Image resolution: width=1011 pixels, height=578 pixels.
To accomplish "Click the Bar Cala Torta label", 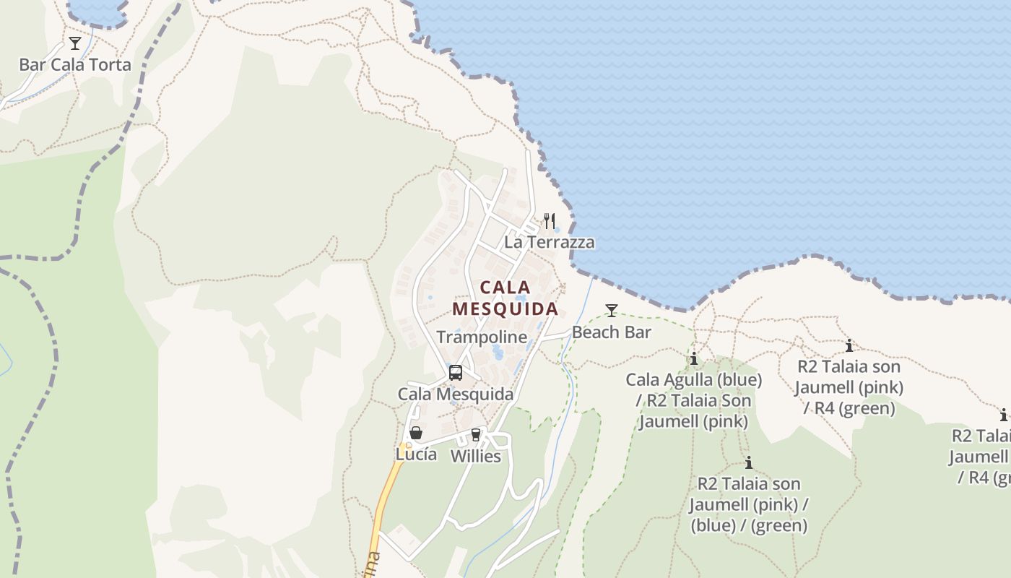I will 75,64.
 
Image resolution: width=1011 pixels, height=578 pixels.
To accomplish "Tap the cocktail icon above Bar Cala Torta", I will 75,43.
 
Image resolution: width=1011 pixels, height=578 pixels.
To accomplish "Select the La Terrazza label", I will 550,242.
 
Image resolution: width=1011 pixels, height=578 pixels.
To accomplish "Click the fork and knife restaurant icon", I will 550,220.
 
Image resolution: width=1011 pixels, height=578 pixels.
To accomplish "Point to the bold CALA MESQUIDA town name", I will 506,298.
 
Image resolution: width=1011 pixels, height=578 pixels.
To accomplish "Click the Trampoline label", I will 482,337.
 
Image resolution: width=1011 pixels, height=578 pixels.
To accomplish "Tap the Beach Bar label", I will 612,332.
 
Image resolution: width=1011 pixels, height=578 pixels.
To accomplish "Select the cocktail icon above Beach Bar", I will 612,311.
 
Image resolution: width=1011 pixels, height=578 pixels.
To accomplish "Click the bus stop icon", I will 456,373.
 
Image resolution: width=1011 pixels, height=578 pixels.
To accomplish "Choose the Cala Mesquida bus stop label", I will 456,394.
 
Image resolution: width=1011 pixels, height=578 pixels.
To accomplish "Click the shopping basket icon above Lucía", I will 416,433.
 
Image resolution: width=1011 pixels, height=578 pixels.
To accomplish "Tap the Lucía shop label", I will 416,454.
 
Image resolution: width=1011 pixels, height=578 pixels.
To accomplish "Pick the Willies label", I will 476,457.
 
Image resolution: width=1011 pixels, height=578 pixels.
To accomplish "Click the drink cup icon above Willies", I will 475,434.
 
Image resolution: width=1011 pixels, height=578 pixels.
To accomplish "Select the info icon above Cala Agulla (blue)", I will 694,358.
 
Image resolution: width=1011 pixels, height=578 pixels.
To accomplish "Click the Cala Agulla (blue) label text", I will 694,379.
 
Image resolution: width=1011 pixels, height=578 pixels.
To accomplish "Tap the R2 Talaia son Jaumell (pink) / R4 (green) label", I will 849,387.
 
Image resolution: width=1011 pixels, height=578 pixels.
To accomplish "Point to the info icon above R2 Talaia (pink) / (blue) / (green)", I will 749,462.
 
